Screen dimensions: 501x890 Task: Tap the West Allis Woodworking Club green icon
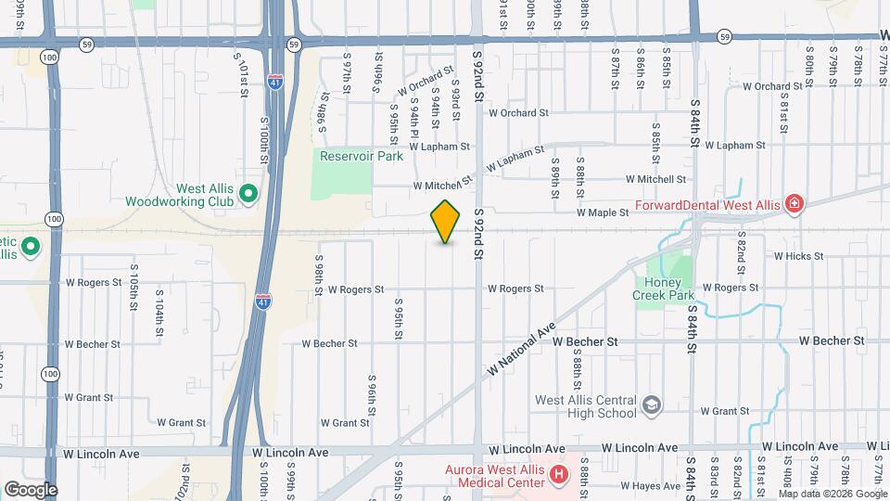pos(248,194)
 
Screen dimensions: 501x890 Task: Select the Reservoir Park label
pos(362,156)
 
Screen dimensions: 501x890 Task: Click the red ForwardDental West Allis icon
pos(793,203)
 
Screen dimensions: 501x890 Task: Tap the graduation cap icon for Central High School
pos(652,405)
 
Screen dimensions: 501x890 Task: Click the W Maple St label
pos(603,212)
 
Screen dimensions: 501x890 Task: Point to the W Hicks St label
pos(797,255)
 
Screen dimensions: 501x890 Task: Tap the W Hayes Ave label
pos(652,485)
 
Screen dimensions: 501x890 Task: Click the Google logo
pos(31,489)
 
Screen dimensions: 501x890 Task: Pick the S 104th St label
pos(159,316)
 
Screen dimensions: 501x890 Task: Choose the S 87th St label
pos(615,71)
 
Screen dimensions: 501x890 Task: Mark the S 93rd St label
pos(455,99)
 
